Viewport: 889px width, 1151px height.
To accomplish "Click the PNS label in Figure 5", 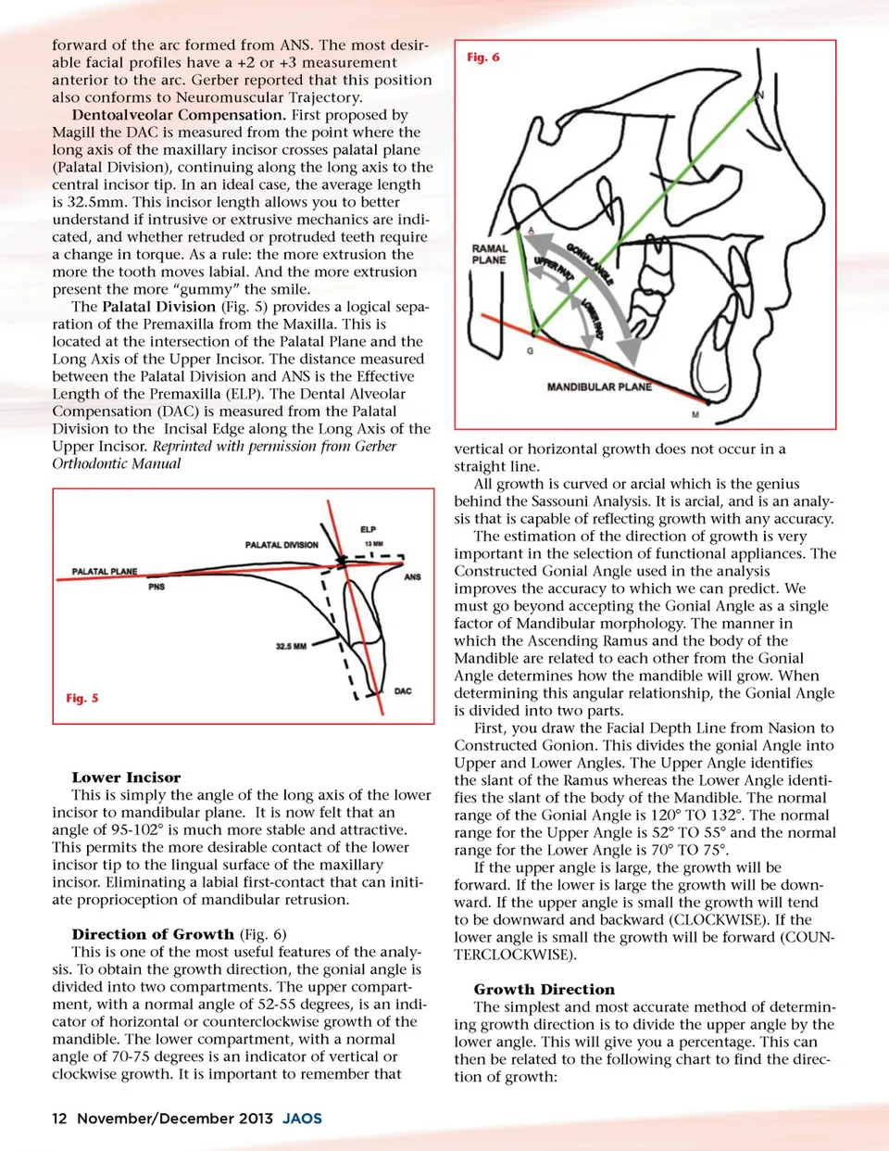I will point(157,587).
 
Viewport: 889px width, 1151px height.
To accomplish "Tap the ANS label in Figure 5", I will point(412,576).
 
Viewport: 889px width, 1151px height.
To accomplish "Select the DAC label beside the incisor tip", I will point(403,691).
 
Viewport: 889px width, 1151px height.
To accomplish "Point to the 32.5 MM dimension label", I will point(291,646).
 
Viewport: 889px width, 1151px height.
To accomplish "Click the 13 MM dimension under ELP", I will point(373,544).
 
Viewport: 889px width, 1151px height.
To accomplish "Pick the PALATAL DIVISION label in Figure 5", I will point(282,545).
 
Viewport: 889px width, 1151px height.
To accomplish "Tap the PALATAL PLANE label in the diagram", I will point(105,572).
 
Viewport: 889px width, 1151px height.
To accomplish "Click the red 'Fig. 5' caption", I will point(82,698).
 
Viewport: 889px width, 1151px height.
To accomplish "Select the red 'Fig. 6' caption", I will point(482,57).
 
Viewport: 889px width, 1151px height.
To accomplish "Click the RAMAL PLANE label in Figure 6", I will point(490,254).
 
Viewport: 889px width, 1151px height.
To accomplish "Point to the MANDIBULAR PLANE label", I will point(599,386).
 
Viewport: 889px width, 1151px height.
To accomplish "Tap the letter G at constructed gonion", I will point(531,351).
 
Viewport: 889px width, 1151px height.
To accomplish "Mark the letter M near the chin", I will point(695,414).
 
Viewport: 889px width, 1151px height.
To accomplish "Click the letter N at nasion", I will point(760,95).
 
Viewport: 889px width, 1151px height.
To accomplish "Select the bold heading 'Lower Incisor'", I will point(126,778).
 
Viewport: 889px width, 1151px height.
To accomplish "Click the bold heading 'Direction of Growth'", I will point(153,934).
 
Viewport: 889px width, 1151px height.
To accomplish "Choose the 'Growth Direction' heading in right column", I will point(544,989).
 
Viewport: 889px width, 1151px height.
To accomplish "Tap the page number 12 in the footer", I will point(59,1119).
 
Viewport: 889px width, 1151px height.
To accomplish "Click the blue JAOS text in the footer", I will point(302,1119).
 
